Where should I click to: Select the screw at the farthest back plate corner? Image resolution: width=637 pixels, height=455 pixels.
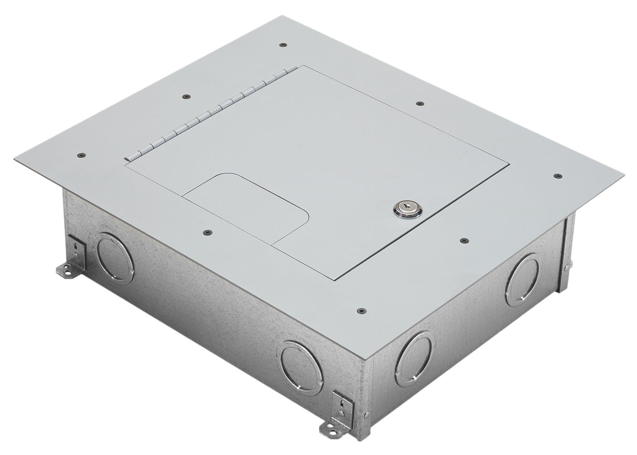[x=283, y=45]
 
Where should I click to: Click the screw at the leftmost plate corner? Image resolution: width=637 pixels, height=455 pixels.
[x=80, y=155]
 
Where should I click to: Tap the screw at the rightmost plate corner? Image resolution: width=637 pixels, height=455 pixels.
[x=557, y=176]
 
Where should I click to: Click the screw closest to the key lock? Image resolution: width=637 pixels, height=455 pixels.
[x=463, y=241]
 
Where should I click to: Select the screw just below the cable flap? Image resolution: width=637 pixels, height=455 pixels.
[x=206, y=231]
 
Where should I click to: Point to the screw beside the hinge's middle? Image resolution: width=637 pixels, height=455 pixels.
[x=186, y=96]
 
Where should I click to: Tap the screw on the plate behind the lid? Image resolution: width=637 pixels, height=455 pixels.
[x=419, y=103]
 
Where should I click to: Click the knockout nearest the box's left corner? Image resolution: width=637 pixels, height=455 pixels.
[x=115, y=259]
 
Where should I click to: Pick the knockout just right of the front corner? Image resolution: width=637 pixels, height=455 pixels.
[x=415, y=359]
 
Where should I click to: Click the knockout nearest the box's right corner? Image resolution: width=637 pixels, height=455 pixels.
[x=522, y=280]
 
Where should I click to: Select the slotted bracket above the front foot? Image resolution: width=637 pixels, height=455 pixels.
[x=342, y=405]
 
